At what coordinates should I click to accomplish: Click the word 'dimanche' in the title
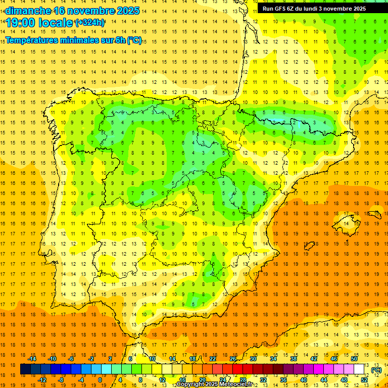pyautogui.click(x=28, y=11)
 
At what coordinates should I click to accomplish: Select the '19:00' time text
pyautogui.click(x=21, y=23)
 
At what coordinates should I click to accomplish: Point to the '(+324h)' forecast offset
pyautogui.click(x=90, y=23)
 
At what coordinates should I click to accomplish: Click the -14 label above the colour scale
pyautogui.click(x=32, y=359)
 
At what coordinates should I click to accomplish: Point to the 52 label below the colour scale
pyautogui.click(x=364, y=380)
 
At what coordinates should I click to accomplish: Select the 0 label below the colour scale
pyautogui.click(x=100, y=380)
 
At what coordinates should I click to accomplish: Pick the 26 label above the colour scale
pyautogui.click(x=233, y=359)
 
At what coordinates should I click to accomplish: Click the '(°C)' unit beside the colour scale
pyautogui.click(x=376, y=370)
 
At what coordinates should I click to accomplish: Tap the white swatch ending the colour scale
pyautogui.click(x=359, y=369)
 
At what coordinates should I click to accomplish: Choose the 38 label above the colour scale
pyautogui.click(x=293, y=359)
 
